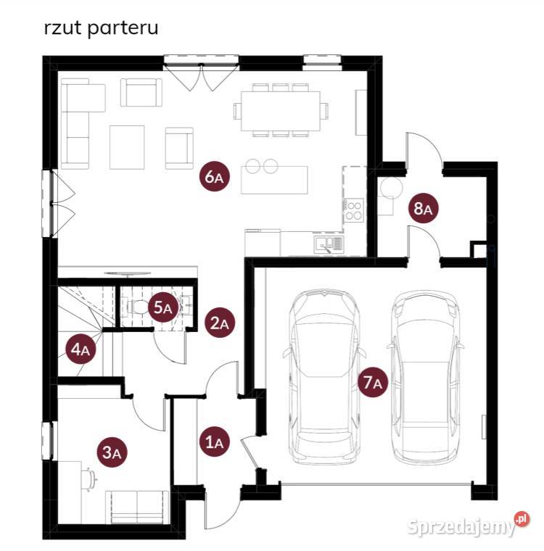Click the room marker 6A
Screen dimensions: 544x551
coord(215,177)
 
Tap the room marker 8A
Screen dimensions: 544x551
coord(423,208)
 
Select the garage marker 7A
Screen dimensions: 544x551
coord(373,382)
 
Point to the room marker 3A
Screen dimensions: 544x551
coord(112,452)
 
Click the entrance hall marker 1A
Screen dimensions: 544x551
coord(215,442)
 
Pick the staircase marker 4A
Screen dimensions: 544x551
coord(81,349)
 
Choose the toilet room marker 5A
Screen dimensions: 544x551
coord(163,307)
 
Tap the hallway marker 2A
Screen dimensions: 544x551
coord(220,323)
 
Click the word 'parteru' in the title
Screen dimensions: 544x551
coord(123,28)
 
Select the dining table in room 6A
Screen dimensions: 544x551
coord(281,111)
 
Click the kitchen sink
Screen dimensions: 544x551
coord(329,244)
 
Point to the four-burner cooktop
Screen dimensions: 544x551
coord(353,210)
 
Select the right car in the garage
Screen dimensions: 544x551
coord(426,377)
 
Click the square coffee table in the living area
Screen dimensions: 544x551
coord(127,147)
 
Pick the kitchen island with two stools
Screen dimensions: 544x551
coord(274,180)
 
